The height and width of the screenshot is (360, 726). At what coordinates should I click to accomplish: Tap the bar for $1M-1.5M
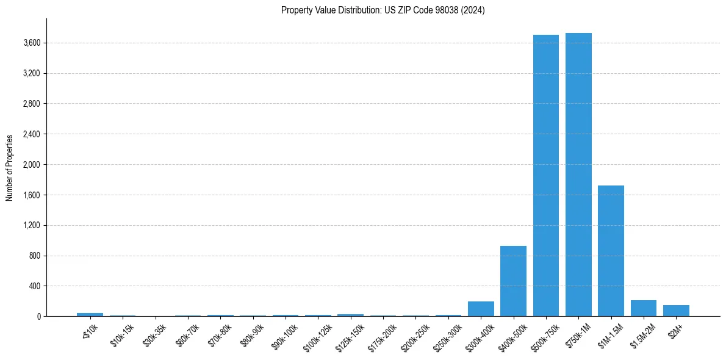pos(611,251)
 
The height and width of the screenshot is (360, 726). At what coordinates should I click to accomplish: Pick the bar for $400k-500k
pos(513,281)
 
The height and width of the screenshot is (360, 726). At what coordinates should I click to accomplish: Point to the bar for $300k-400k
pos(481,309)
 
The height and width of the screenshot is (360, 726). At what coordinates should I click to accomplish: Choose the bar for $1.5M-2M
pos(644,308)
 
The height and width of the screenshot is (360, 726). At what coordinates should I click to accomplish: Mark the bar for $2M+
pos(676,311)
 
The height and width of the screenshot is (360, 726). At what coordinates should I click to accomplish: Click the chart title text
pos(383,10)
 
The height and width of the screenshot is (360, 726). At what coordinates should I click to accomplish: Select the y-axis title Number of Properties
pos(10,168)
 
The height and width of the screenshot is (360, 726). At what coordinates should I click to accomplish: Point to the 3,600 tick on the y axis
pos(32,43)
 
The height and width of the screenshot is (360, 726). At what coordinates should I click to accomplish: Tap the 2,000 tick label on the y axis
pos(32,165)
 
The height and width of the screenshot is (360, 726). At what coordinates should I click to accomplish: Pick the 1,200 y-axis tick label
pos(32,225)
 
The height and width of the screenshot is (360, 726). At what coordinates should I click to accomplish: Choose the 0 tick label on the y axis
pos(38,317)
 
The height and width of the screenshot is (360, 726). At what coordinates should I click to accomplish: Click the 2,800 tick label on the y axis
pos(32,104)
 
